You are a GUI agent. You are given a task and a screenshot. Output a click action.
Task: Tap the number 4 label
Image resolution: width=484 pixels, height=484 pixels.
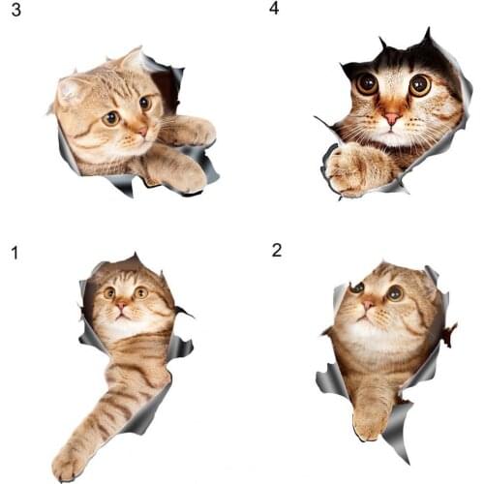coord(274,9)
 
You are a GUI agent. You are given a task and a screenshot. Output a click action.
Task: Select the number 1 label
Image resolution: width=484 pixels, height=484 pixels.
coord(15,254)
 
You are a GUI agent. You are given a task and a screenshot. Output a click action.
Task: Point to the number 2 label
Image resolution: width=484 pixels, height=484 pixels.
coord(277,250)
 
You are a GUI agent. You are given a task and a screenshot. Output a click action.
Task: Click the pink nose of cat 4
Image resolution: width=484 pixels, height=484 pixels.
coord(391,117)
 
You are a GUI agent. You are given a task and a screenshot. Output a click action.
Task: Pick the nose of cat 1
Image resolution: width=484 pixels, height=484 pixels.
coord(123,304)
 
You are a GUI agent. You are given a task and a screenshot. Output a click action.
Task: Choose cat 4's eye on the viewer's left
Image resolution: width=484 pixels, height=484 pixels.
coord(367,84)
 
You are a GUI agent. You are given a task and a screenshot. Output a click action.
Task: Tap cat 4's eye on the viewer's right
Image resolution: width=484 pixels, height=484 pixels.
coord(419,85)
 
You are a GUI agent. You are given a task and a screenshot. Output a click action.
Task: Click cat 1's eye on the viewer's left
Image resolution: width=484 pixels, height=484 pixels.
coord(109,292)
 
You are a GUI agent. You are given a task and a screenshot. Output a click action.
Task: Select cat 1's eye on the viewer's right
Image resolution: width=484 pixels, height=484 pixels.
coord(141,292)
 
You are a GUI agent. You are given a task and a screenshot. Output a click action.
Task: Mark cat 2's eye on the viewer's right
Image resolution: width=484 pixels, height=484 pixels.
coord(394,292)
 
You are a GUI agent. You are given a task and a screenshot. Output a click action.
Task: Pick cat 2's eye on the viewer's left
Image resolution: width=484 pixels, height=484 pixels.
coord(357,287)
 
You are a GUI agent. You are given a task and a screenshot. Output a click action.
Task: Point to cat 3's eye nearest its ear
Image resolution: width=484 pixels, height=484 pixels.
coord(111,118)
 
